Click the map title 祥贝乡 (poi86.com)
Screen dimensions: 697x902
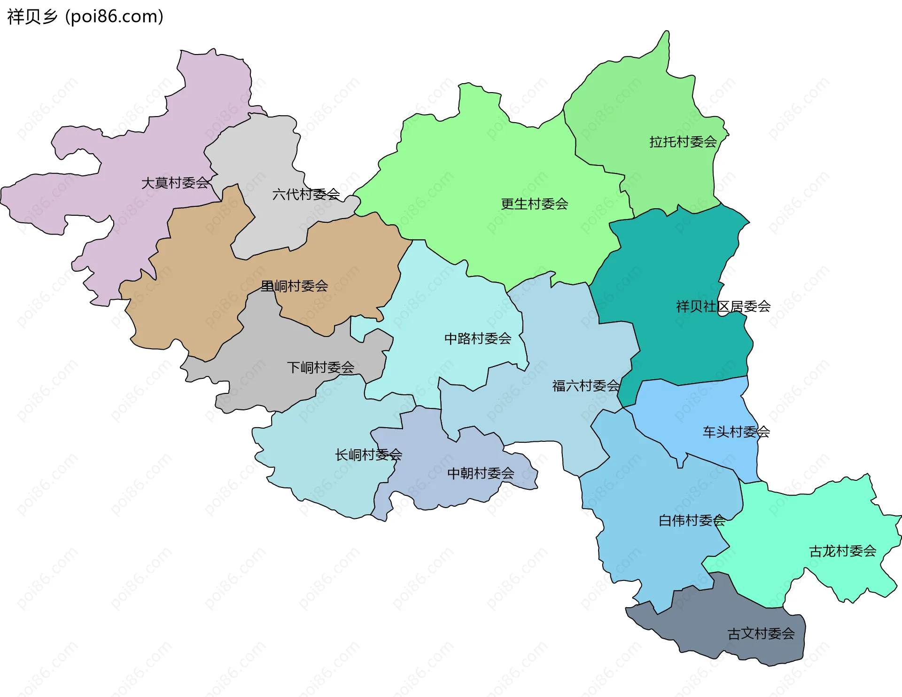(85, 17)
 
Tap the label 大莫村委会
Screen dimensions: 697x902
(175, 183)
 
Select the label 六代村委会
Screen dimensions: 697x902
(306, 194)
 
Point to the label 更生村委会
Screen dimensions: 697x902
(534, 204)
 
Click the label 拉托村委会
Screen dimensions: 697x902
(683, 142)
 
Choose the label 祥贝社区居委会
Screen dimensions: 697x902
(723, 306)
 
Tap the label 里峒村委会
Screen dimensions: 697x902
(294, 286)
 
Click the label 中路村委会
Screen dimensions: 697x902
(477, 338)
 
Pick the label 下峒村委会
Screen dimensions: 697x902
(320, 368)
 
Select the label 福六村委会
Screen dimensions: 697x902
(586, 386)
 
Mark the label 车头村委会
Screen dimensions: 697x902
(736, 432)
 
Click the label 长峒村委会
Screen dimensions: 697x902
(368, 454)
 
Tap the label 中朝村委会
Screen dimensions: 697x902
(481, 473)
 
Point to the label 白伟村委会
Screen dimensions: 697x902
(692, 520)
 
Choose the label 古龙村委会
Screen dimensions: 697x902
(842, 551)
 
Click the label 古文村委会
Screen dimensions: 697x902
(761, 634)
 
